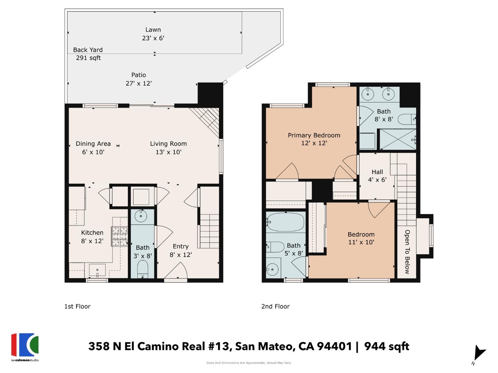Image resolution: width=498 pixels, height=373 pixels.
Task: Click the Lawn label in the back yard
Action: pyautogui.click(x=153, y=30)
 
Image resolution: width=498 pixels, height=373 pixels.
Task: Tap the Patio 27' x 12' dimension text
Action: pyautogui.click(x=138, y=83)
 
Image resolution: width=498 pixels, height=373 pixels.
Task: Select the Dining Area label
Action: pyautogui.click(x=93, y=144)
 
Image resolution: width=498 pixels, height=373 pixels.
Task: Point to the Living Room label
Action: pyautogui.click(x=168, y=144)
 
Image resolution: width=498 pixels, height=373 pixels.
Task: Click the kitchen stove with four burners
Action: pyautogui.click(x=119, y=236)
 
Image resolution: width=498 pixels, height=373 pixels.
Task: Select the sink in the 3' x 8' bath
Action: pyautogui.click(x=141, y=217)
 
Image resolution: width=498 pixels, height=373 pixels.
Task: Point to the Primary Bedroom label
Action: pyautogui.click(x=314, y=135)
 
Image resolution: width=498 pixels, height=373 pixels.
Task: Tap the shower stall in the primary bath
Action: pyautogui.click(x=398, y=139)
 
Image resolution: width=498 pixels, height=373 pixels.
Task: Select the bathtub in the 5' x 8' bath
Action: pyautogui.click(x=285, y=222)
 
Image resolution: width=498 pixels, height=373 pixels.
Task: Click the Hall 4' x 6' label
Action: pyautogui.click(x=377, y=176)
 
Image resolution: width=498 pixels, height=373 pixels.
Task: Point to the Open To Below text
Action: pyautogui.click(x=407, y=252)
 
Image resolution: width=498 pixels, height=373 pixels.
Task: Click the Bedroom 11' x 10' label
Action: pyautogui.click(x=361, y=238)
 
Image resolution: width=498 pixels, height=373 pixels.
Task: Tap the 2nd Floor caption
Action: pyautogui.click(x=275, y=306)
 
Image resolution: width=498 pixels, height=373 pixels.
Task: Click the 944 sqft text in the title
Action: pyautogui.click(x=387, y=346)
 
